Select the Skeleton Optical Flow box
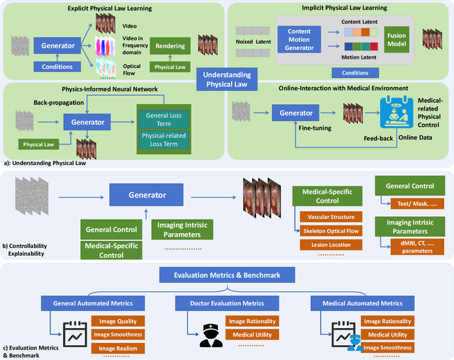[x=328, y=230]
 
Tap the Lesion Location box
[x=328, y=245]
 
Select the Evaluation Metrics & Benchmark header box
[x=226, y=275]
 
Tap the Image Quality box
[x=118, y=321]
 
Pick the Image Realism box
[x=118, y=348]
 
